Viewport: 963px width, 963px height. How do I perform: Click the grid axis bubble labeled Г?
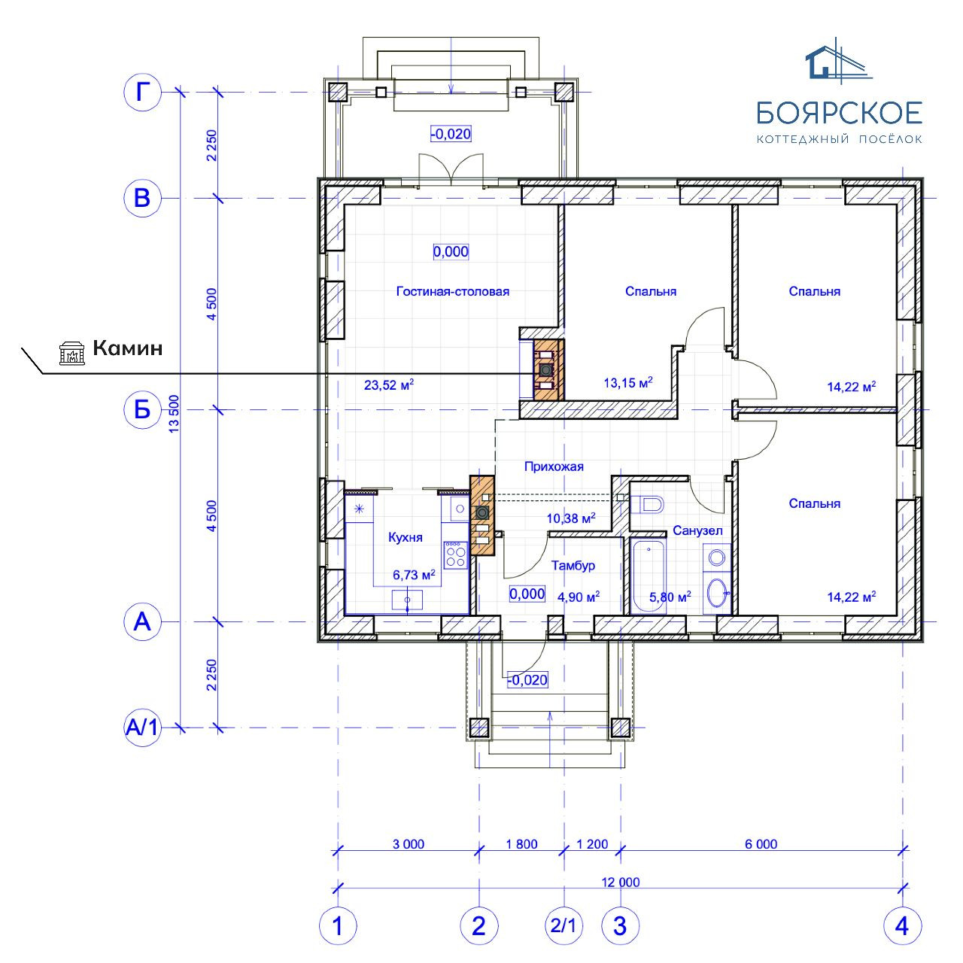click(x=142, y=92)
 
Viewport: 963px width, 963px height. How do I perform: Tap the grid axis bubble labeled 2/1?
click(x=564, y=925)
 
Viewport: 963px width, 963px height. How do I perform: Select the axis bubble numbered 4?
click(x=902, y=925)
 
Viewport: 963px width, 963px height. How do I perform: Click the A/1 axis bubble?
click(x=142, y=727)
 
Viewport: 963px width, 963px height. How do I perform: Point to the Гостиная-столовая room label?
click(x=452, y=291)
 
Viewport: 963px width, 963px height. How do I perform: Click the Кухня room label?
click(x=406, y=537)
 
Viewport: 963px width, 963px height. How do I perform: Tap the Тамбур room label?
click(x=573, y=565)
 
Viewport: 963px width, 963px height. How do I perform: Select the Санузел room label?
click(x=697, y=530)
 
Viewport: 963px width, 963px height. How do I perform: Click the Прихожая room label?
click(x=554, y=466)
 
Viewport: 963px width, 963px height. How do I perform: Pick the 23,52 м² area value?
click(x=389, y=384)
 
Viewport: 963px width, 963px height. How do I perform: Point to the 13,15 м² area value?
click(x=628, y=383)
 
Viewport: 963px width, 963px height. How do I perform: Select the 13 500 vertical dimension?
click(x=173, y=413)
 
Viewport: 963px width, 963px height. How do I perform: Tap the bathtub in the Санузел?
click(x=649, y=576)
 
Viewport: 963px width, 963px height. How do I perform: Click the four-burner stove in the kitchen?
click(x=455, y=554)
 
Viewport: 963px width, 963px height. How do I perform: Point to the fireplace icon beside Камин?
click(x=72, y=352)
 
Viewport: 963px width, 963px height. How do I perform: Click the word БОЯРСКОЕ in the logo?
click(x=839, y=113)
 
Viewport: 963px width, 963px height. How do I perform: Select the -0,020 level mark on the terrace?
click(x=451, y=134)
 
